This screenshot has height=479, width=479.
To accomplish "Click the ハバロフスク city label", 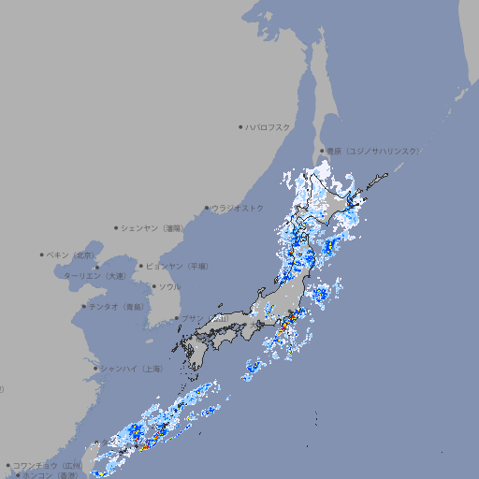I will pos(268,126).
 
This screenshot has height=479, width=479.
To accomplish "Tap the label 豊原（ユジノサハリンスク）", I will pos(372,151).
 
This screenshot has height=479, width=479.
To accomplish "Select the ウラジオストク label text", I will pos(238,208).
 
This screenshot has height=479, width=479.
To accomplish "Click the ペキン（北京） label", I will pos(71,254).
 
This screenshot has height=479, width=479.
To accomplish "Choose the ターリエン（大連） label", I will pos(94,276).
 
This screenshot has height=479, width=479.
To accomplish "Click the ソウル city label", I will pos(169,286).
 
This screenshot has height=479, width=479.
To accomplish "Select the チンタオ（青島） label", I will pos(116,306).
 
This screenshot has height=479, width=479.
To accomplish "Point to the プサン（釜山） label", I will pos(204,319).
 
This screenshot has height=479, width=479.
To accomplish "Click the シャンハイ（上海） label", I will pos(131,369).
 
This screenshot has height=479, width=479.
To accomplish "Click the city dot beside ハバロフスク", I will pos(240,126).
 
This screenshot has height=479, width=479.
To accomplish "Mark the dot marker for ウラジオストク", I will pos(207,208).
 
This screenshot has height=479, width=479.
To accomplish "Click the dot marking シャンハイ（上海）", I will pos(95,369).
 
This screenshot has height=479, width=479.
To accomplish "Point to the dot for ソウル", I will pos(152,286).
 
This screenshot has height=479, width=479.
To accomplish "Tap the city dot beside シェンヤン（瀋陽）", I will pos(116,227).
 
